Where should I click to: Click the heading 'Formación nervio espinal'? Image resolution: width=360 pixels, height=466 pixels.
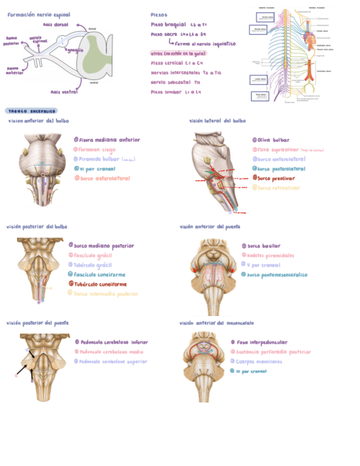(x=38, y=15)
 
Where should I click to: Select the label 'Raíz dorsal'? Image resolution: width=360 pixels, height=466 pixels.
(x=55, y=25)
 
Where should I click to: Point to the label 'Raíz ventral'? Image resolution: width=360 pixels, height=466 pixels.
(x=64, y=92)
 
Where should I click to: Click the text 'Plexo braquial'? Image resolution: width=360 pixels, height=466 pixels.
(x=168, y=25)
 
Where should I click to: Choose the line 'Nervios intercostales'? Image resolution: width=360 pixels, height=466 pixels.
(x=168, y=73)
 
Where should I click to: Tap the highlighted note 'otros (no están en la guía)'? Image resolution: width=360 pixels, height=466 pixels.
(x=178, y=53)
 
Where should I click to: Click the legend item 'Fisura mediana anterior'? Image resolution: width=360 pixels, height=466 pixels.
(x=110, y=140)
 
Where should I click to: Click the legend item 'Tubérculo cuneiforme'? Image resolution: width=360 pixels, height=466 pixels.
(x=101, y=284)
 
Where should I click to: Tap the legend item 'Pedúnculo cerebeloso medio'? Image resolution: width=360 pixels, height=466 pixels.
(x=112, y=352)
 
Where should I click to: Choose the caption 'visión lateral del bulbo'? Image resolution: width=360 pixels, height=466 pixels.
(x=217, y=120)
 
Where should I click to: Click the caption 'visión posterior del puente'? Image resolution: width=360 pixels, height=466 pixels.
(x=37, y=323)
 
